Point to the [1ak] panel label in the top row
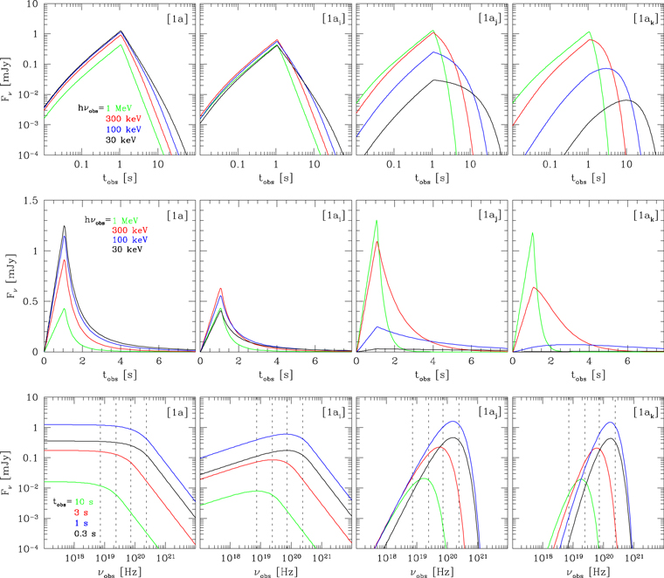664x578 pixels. (633, 17)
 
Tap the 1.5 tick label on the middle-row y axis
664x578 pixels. (30, 200)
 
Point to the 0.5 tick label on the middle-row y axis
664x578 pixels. (30, 302)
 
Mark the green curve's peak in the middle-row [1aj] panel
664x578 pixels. (377, 220)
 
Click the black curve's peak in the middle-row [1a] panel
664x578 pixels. (64, 226)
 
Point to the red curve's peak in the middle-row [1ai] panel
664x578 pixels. (220, 288)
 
